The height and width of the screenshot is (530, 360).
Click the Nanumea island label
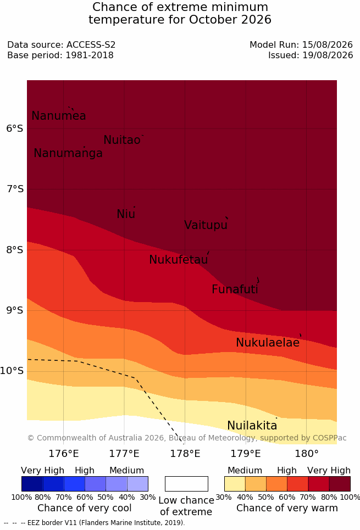coord(58,115)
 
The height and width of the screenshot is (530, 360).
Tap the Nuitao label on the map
coord(122,140)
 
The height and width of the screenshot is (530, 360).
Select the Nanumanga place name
coord(68,153)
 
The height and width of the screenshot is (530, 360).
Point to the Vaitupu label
coord(206,225)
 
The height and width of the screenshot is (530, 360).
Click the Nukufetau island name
coord(178,259)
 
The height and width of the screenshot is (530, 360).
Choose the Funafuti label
coord(235,289)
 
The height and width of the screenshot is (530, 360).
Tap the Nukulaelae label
coord(268,342)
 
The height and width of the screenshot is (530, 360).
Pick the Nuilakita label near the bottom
coord(252,425)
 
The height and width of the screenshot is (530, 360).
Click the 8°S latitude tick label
coord(15,250)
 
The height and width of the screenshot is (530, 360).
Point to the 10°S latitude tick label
coord(12,371)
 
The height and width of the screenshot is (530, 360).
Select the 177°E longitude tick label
coord(124,453)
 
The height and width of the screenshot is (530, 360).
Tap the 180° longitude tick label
coord(307,453)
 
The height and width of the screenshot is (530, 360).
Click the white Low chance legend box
coord(186,484)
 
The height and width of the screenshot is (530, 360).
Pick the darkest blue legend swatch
coord(32,484)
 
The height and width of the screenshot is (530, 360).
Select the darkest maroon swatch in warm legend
coord(340,484)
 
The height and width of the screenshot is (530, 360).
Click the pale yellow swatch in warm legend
coord(235,484)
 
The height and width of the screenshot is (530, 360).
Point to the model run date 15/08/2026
coord(328,44)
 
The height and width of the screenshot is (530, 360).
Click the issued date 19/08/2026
coord(328,55)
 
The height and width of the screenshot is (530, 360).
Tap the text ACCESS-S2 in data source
coord(91,44)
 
